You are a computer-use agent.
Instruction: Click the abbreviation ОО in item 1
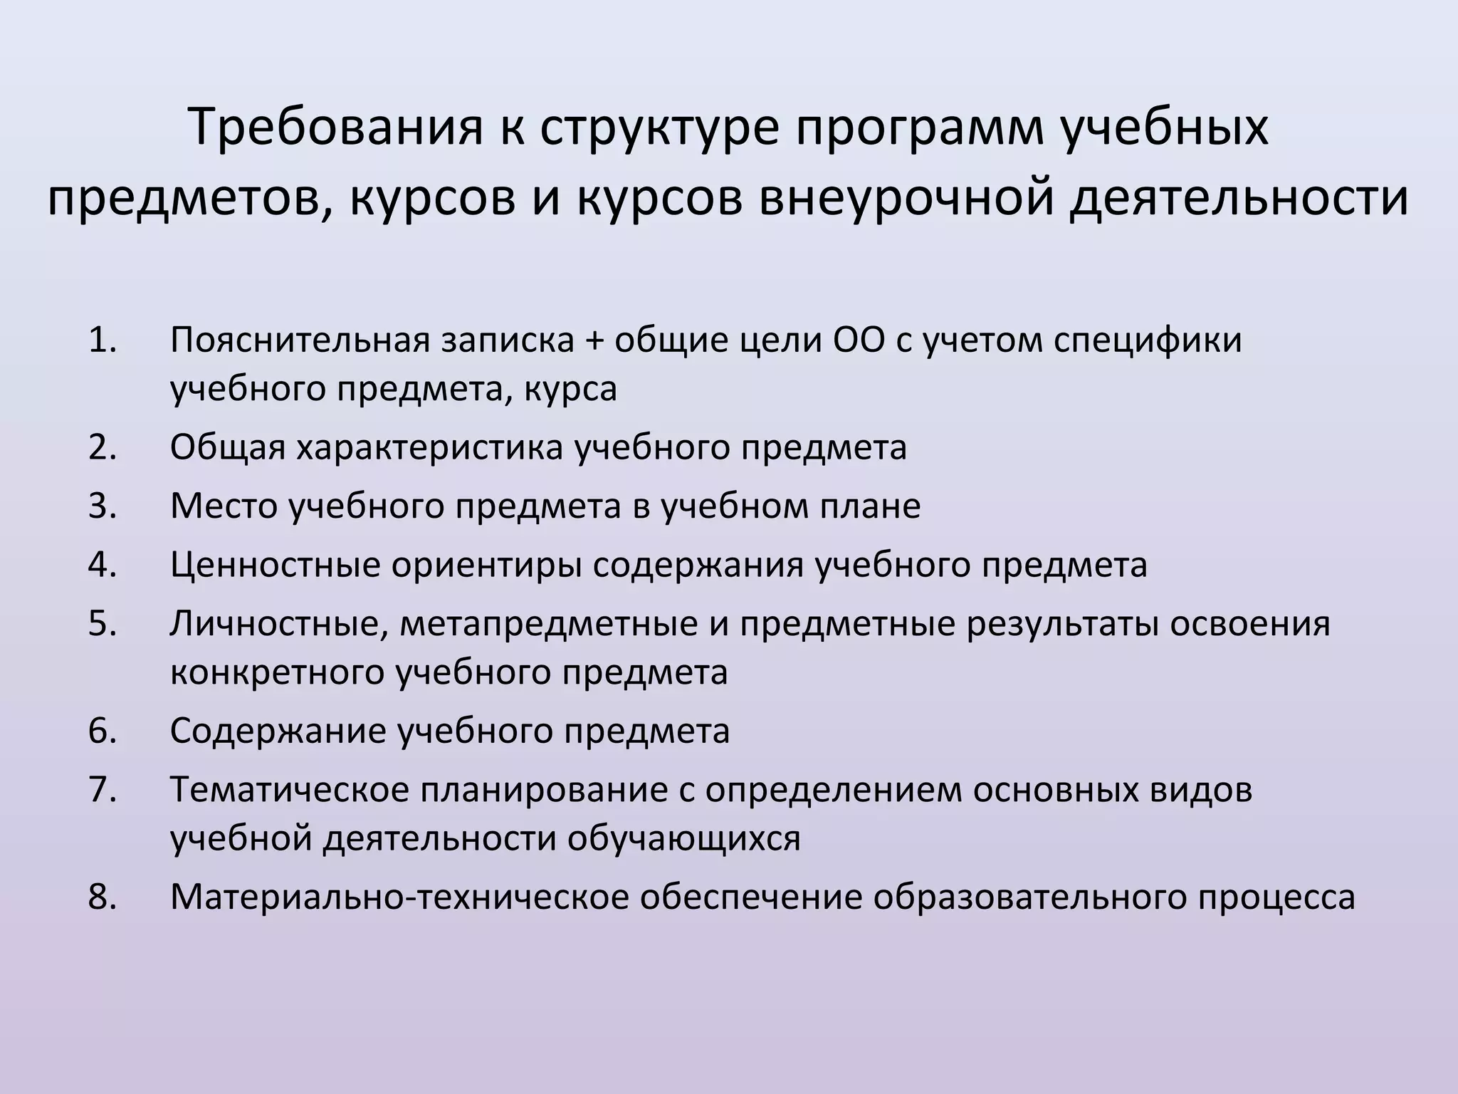click(x=859, y=340)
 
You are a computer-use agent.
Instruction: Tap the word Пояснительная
click(x=300, y=340)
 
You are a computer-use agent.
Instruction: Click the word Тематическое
click(x=288, y=790)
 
